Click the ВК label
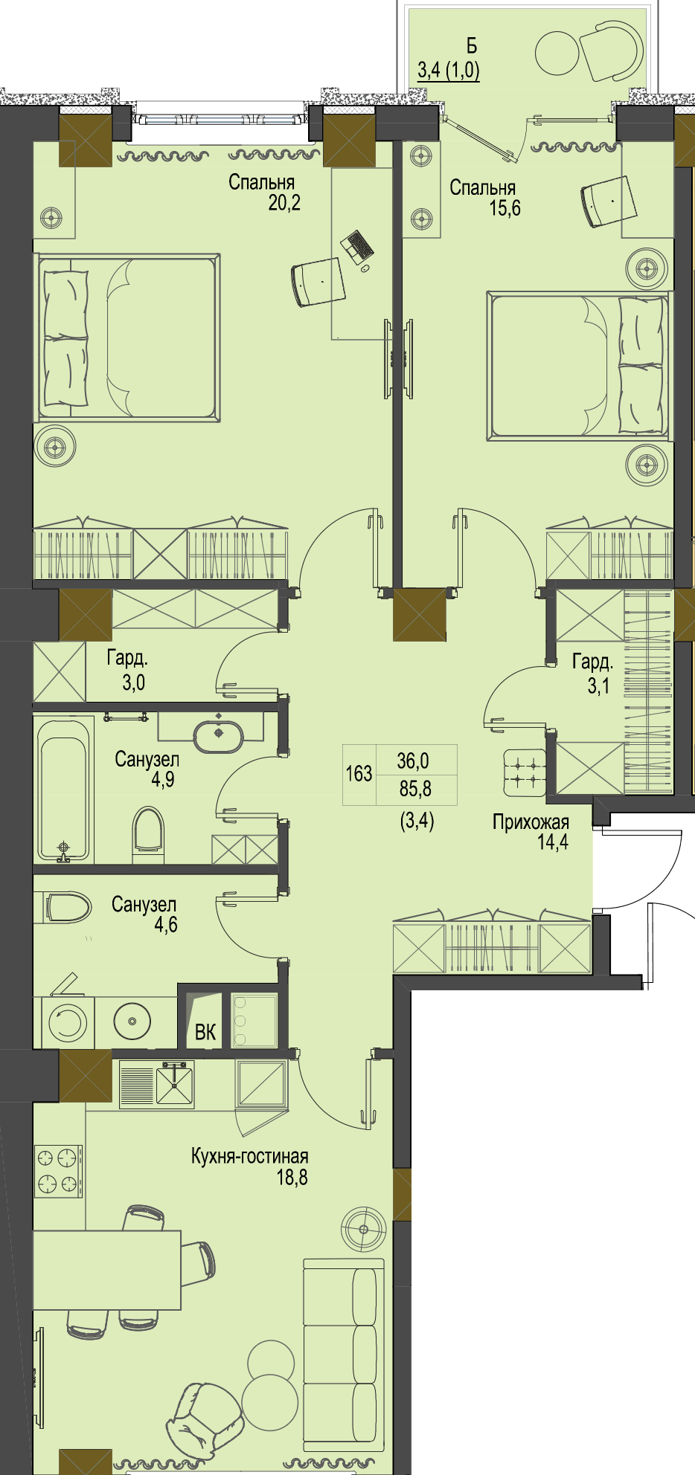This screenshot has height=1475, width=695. [x=205, y=1032]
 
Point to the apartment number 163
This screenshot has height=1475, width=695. [x=359, y=773]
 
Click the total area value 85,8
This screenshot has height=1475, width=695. [x=415, y=788]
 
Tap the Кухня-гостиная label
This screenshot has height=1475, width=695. [x=250, y=1156]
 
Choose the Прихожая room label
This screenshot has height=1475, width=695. [x=531, y=822]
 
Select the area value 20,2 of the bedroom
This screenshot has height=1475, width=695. [x=284, y=202]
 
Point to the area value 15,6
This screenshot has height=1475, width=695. [x=505, y=208]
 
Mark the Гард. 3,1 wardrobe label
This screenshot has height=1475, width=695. [x=593, y=673]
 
